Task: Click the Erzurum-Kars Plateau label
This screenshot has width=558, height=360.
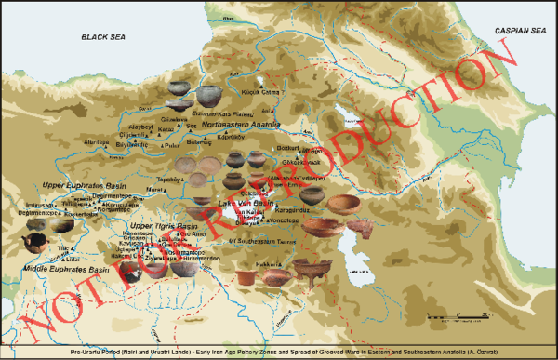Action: click(x=221, y=113)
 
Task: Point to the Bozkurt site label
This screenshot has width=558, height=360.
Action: click(x=286, y=147)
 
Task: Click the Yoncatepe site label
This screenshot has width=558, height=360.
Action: click(x=283, y=221)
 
